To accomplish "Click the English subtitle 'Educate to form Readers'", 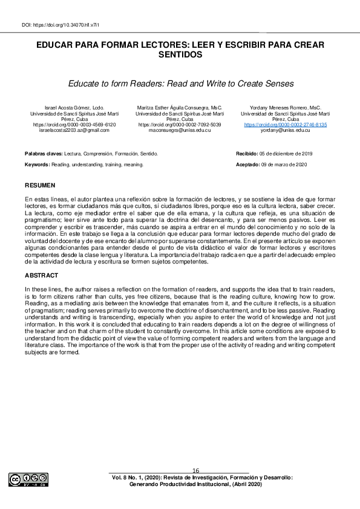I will click(x=180, y=82).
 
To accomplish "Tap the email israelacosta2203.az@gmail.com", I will click(x=74, y=130).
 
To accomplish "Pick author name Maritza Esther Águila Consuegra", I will click(x=180, y=108).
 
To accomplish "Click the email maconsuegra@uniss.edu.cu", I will click(x=180, y=130).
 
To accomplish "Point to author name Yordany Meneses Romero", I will click(x=285, y=108).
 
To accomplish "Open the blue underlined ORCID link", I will click(x=285, y=125).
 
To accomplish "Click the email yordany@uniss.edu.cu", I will click(x=285, y=130).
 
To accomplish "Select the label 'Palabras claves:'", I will click(x=44, y=154).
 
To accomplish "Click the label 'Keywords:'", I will click(x=37, y=164).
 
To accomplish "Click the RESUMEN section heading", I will click(x=40, y=184).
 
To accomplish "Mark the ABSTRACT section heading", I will click(x=42, y=276).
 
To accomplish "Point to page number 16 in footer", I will click(x=195, y=470).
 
